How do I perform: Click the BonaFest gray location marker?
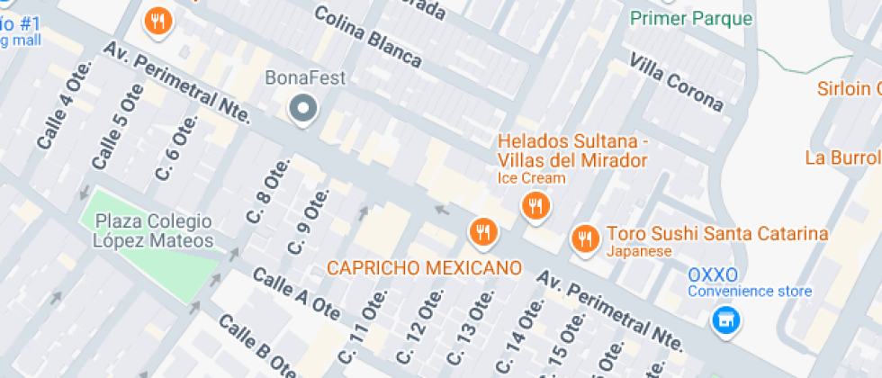pyautogui.click(x=303, y=110)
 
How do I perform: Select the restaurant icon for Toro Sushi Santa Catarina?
pyautogui.click(x=586, y=238)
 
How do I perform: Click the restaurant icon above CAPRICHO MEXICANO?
pyautogui.click(x=483, y=232)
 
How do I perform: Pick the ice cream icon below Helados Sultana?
pyautogui.click(x=535, y=206)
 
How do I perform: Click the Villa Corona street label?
pyautogui.click(x=677, y=82)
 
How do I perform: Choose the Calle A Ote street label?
pyautogui.click(x=295, y=293)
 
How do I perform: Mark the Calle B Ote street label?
pyautogui.click(x=256, y=347)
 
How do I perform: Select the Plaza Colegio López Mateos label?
pyautogui.click(x=155, y=231)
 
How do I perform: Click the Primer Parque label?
pyautogui.click(x=691, y=17)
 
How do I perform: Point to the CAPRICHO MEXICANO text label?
pyautogui.click(x=424, y=268)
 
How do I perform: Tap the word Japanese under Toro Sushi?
pyautogui.click(x=639, y=251)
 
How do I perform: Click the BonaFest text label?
pyautogui.click(x=306, y=77)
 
